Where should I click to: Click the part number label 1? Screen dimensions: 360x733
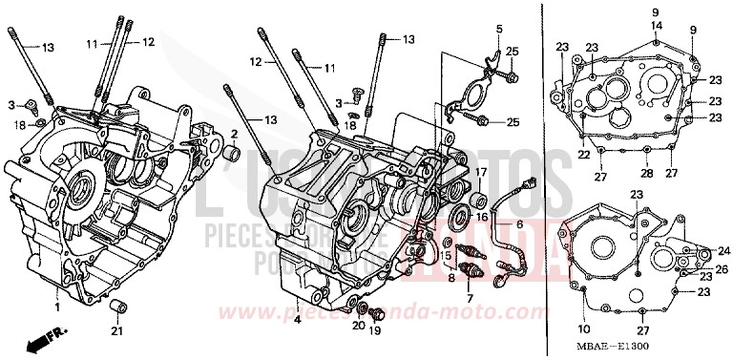56,308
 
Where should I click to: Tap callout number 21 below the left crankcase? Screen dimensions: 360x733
116,331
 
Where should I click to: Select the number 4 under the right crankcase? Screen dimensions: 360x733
297,319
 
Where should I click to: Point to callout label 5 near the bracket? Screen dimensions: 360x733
498,31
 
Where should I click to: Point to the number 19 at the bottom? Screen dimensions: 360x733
374,329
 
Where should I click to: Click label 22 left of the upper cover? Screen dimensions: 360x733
584,154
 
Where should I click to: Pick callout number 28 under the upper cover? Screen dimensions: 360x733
646,174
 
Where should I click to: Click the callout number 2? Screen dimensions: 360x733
234,133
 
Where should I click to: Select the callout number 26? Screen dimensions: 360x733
721,268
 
